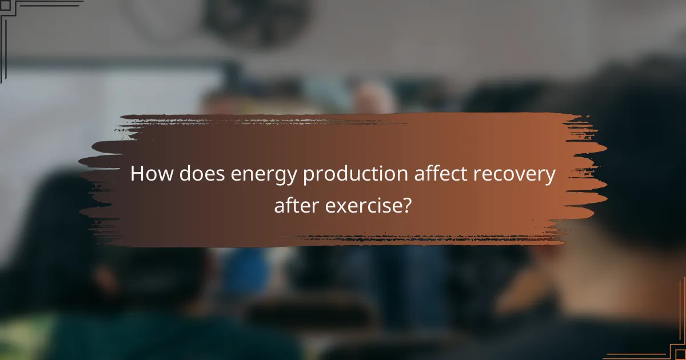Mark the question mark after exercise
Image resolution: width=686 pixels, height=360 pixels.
(406, 204)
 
